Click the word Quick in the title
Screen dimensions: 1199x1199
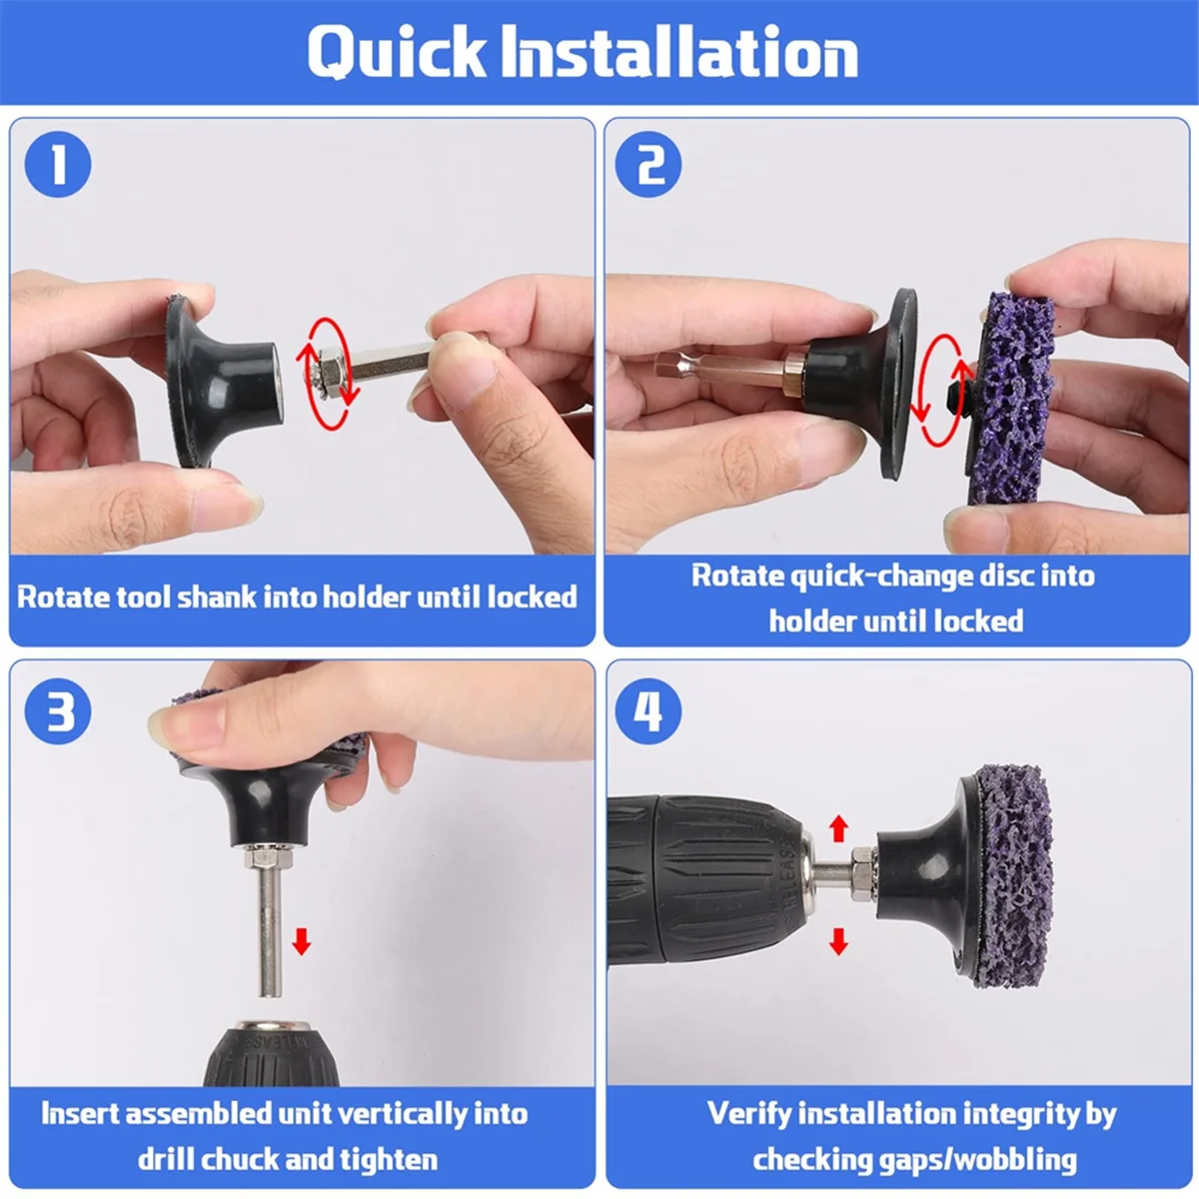397,52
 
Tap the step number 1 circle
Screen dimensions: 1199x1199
58,165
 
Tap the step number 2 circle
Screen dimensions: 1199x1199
648,165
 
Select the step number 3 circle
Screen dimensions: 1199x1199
58,711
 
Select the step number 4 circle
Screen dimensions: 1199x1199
648,711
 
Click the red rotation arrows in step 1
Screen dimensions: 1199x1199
328,374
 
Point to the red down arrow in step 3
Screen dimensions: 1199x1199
302,941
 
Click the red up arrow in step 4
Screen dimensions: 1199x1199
838,828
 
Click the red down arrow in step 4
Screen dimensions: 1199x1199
838,941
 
